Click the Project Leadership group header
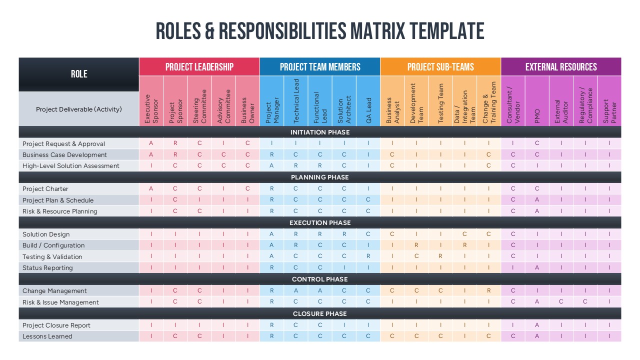pyautogui.click(x=199, y=67)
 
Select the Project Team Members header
pyautogui.click(x=320, y=67)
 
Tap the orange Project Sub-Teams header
pyautogui.click(x=440, y=67)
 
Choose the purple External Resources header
pyautogui.click(x=561, y=67)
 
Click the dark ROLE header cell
pyautogui.click(x=79, y=74)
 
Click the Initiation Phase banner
pyautogui.click(x=320, y=132)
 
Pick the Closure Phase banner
pyautogui.click(x=320, y=314)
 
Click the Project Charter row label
pyautogui.click(x=45, y=189)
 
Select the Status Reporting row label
pyautogui.click(x=47, y=268)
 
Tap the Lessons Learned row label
pyautogui.click(x=47, y=336)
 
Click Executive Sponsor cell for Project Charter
pyautogui.click(x=151, y=189)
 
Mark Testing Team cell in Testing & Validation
pyautogui.click(x=440, y=256)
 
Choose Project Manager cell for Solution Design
pyautogui.click(x=271, y=234)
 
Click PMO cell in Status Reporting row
pyautogui.click(x=537, y=268)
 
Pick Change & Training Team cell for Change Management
pyautogui.click(x=489, y=291)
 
